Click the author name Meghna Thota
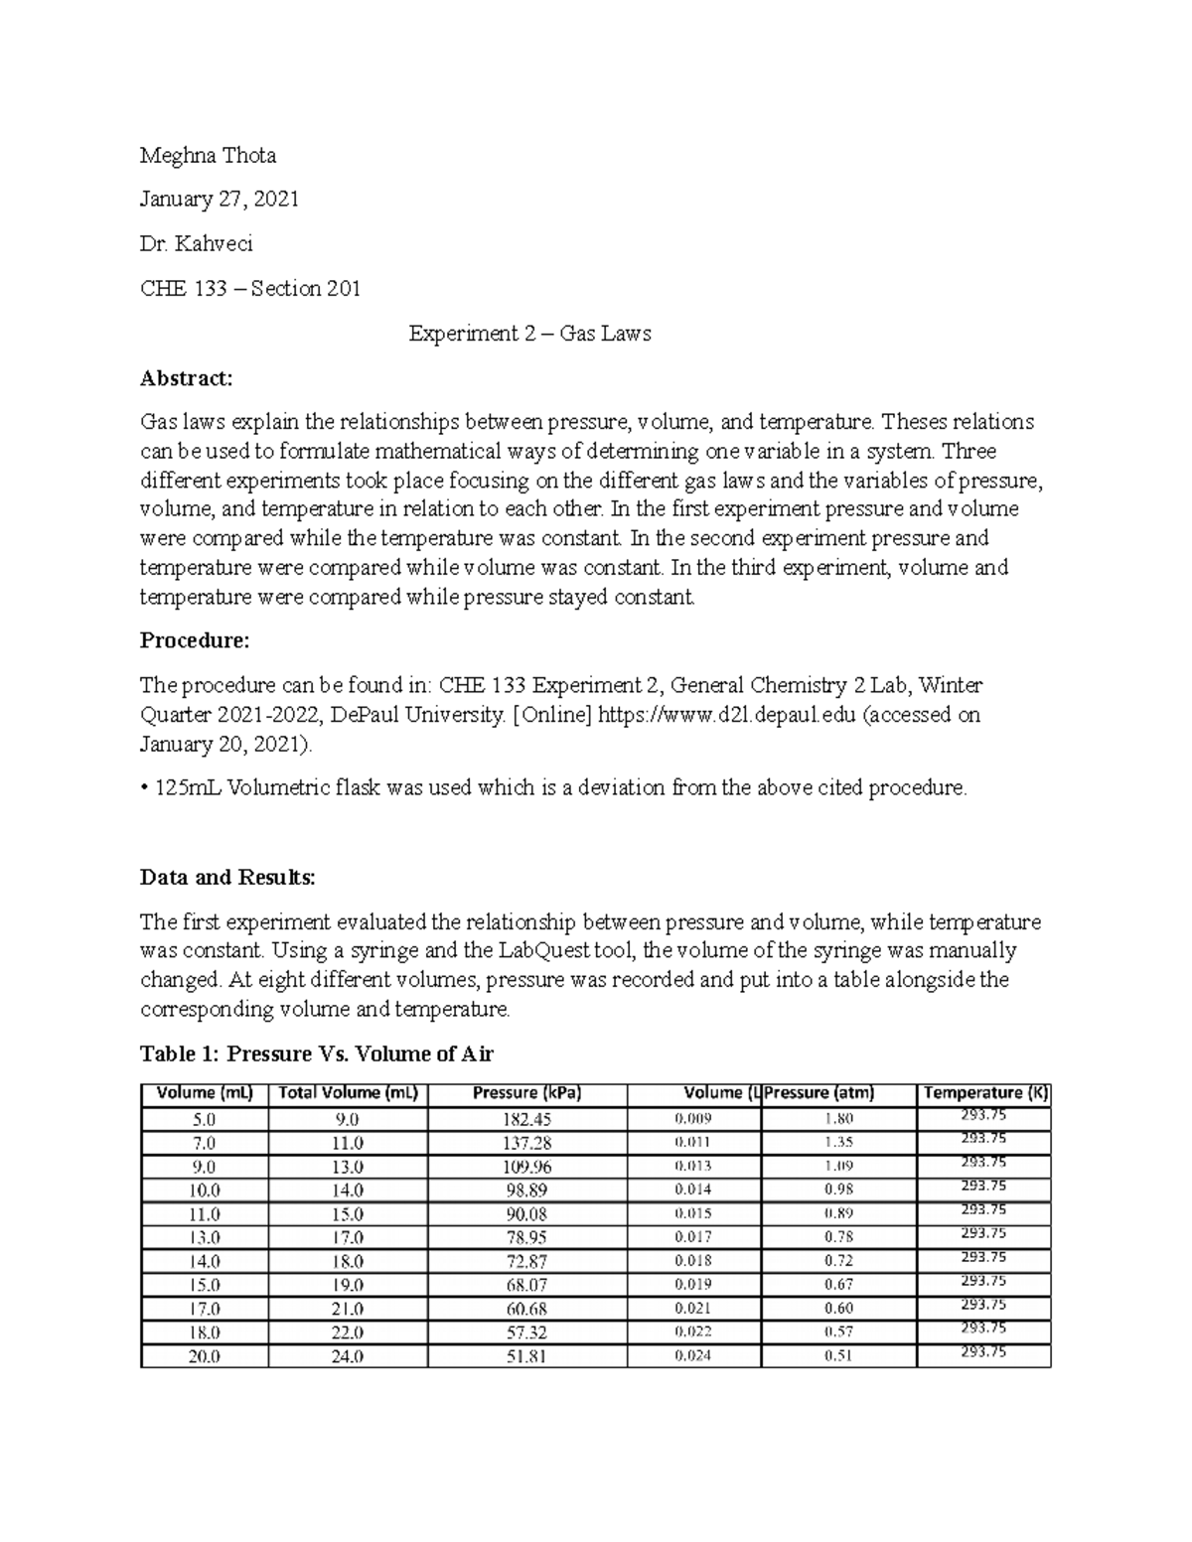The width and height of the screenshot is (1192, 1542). click(x=208, y=156)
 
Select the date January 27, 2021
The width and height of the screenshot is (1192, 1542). click(x=219, y=200)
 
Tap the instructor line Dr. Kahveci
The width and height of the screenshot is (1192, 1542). click(x=196, y=244)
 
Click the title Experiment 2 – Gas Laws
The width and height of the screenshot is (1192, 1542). click(x=529, y=334)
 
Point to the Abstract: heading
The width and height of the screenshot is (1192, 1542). click(x=186, y=378)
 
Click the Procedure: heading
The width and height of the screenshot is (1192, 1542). click(x=195, y=641)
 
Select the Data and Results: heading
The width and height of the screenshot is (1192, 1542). click(x=227, y=878)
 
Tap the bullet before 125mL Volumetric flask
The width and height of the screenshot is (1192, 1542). click(x=144, y=788)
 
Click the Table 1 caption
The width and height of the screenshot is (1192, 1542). click(x=317, y=1054)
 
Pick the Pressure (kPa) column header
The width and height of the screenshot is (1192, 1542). click(x=526, y=1093)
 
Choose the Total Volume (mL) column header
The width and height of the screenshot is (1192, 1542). click(x=348, y=1093)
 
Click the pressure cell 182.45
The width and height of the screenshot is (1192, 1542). click(x=527, y=1119)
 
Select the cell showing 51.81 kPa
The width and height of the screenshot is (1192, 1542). click(x=526, y=1356)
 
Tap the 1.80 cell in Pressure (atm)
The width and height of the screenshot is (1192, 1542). click(x=838, y=1119)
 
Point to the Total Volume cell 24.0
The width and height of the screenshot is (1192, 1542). click(x=348, y=1356)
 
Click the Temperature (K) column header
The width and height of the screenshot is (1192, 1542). click(x=984, y=1093)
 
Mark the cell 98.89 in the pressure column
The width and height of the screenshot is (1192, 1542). click(x=526, y=1190)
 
